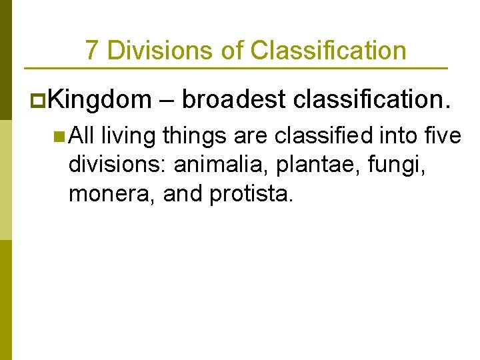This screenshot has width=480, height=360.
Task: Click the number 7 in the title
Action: click(x=92, y=51)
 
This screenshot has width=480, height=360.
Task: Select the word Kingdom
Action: click(x=100, y=100)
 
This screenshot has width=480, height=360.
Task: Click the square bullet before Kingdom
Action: click(x=37, y=100)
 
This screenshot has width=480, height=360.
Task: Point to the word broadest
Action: click(x=233, y=100)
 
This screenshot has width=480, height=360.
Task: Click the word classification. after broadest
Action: click(x=371, y=100)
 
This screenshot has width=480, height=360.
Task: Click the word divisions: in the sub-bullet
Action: click(x=117, y=166)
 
